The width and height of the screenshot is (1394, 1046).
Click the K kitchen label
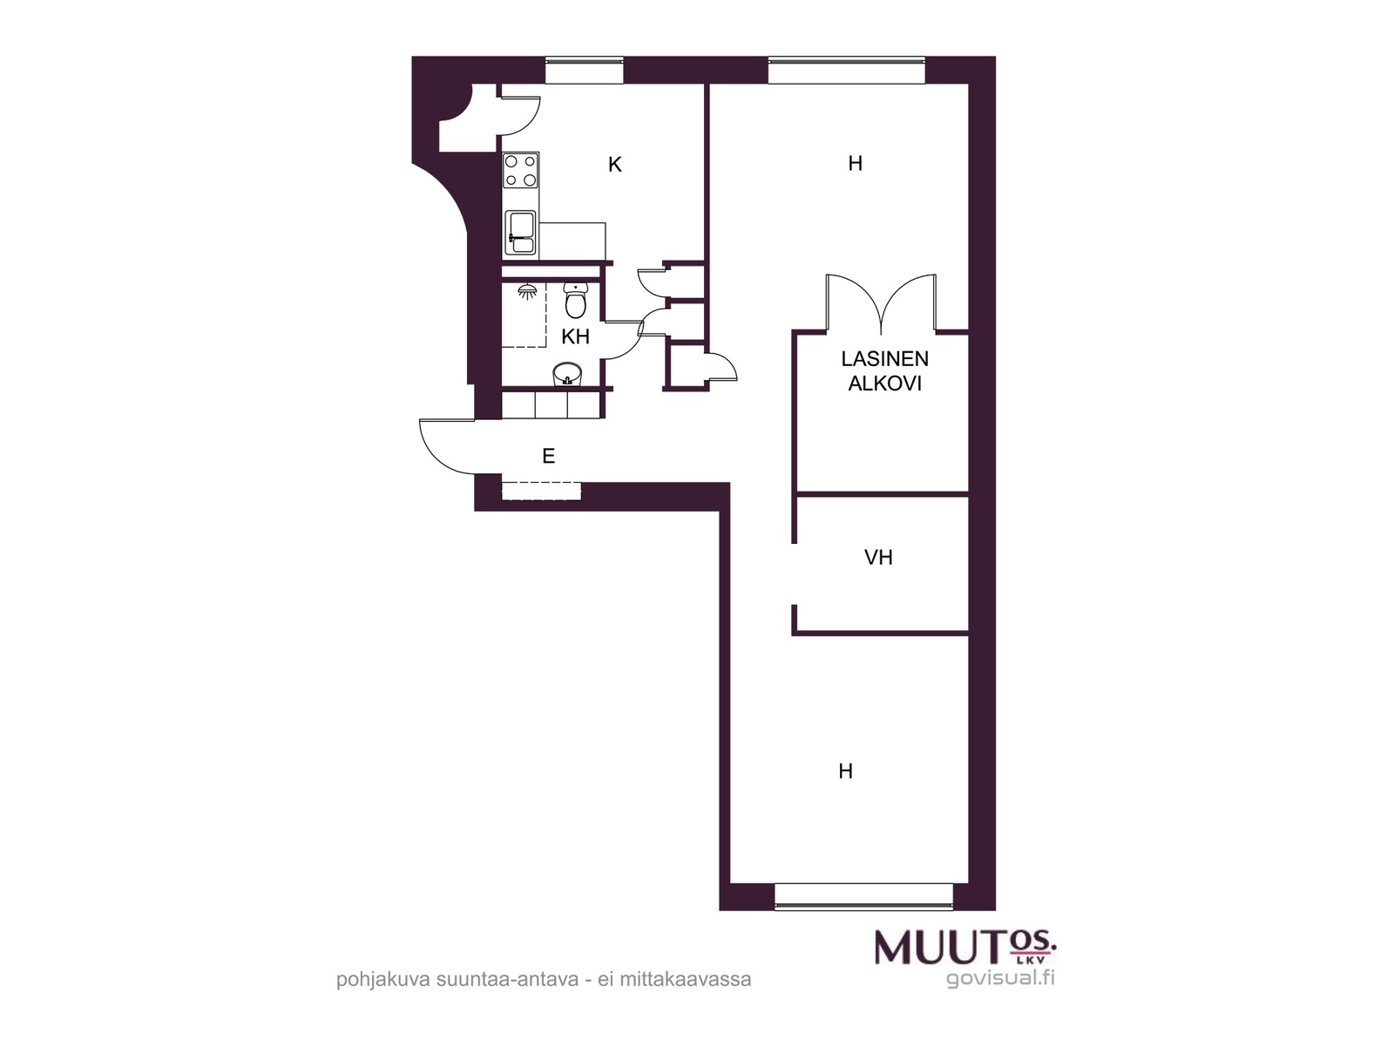coord(614,165)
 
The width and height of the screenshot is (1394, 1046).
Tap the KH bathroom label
coord(575,336)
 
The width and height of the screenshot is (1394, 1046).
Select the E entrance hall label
coord(549,455)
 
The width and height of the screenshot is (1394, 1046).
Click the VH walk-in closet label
coord(878,557)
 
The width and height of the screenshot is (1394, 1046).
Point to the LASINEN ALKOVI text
coord(884,371)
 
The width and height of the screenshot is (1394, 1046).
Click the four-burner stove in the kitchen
coord(521,171)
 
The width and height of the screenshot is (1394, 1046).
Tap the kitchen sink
coord(521,233)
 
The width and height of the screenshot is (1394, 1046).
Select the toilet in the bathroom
coord(576,300)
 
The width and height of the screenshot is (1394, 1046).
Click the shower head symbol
coord(527,291)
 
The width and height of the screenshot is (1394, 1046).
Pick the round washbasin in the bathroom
coord(566,373)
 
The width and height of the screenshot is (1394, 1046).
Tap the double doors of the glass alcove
coord(881,303)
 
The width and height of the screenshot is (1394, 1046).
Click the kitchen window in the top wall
coord(585,70)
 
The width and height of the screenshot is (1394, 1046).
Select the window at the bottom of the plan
coord(863,896)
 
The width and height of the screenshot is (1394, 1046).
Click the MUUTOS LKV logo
coord(965,948)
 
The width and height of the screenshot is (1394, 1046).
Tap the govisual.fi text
coord(1000,978)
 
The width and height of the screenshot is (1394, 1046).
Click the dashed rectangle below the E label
coord(541,491)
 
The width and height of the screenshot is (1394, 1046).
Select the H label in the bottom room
coord(845,771)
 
